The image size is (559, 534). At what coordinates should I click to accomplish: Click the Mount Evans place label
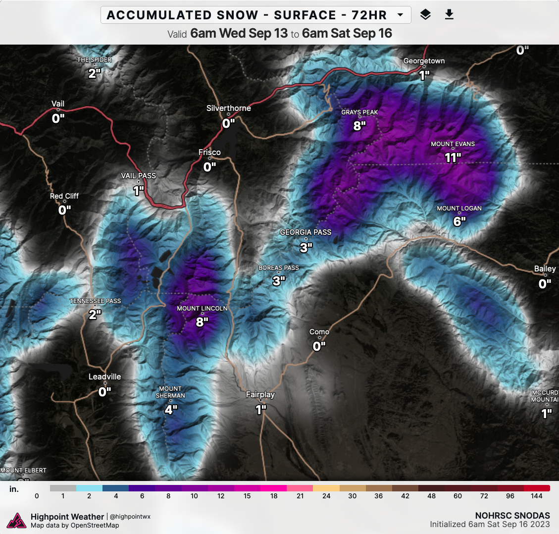pos(453,144)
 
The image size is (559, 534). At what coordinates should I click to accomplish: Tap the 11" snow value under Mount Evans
pos(453,158)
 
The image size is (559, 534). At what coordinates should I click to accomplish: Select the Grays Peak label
pos(359,112)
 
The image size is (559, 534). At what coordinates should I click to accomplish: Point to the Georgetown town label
pos(424,61)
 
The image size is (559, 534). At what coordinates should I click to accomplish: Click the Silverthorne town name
pos(228,108)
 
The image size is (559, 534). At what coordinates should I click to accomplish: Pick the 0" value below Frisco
pos(209,167)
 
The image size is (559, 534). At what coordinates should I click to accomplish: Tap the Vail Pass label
pos(138,176)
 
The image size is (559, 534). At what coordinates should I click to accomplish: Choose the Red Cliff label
pos(64,196)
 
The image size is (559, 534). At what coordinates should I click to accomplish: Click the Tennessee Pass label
pos(95,301)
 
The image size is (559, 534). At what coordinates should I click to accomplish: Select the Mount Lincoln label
pos(202,309)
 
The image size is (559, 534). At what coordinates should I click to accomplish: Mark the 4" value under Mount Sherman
pos(171,410)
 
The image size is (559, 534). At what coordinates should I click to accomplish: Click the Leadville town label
pos(104,376)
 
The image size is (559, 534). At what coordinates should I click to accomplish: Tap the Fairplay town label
pos(260,395)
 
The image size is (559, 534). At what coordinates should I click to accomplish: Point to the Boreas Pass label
pos(279,268)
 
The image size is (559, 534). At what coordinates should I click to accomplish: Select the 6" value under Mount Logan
pos(459,221)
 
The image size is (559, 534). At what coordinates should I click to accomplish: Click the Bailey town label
pos(545,269)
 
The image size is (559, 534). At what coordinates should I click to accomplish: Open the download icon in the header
pos(449,15)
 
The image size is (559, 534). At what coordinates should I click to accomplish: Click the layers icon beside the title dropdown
pos(425,15)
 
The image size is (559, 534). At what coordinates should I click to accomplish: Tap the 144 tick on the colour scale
pos(537,496)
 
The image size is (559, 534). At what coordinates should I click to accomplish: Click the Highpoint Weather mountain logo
pos(17,521)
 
